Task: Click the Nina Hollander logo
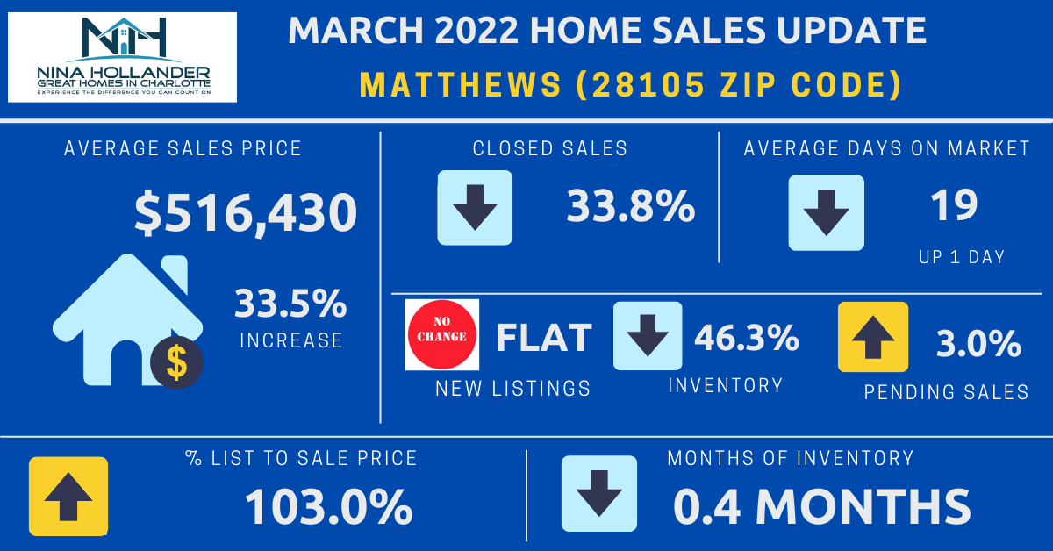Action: tap(122, 57)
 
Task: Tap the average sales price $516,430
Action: tap(246, 213)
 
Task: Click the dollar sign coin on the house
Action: tap(175, 361)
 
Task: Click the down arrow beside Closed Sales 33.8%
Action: tap(475, 207)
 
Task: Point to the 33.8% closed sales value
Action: tap(630, 207)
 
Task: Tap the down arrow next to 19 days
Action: tap(826, 211)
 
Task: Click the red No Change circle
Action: tap(442, 334)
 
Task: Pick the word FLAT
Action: tap(544, 338)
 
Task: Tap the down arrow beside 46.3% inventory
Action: tap(648, 335)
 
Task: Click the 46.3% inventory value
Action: tap(747, 337)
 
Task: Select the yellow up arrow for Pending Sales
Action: tap(872, 337)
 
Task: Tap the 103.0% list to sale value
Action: tap(329, 506)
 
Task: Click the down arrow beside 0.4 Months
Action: tap(599, 494)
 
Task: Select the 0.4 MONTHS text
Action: tap(822, 506)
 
